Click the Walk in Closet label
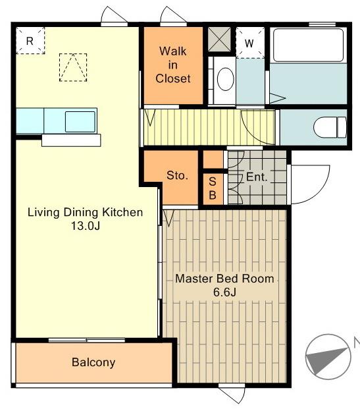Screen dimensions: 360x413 (173, 65)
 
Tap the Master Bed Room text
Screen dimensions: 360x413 (224, 279)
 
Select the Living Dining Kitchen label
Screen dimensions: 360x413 (86, 212)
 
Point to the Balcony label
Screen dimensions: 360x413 (93, 362)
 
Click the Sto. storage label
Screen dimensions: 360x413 (178, 175)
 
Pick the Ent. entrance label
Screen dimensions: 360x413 (257, 177)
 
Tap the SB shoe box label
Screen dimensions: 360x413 (213, 188)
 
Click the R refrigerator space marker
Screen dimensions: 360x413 (30, 41)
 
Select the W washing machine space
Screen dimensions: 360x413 (249, 43)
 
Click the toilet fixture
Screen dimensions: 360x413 (330, 127)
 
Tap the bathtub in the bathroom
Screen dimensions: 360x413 (308, 45)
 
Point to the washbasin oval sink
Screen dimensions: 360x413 (226, 79)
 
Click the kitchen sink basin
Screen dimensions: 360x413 (80, 122)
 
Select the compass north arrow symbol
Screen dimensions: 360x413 (328, 357)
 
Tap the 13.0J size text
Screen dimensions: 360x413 (86, 226)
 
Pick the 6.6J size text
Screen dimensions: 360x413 (224, 292)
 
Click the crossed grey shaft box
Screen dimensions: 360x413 (219, 40)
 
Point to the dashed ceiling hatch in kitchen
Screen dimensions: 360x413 (73, 67)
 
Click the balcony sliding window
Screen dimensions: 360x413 (87, 341)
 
